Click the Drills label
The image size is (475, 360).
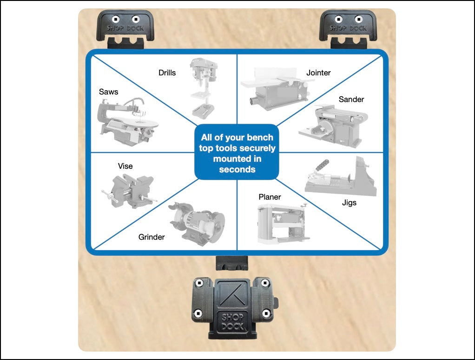click(167, 73)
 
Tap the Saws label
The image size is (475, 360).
click(108, 92)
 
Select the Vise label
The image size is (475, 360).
click(125, 166)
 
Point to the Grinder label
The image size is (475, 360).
click(152, 237)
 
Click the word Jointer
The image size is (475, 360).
click(318, 73)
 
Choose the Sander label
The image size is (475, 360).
click(351, 99)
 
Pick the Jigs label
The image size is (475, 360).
click(349, 203)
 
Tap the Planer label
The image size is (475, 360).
click(270, 197)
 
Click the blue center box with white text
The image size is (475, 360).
click(237, 153)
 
